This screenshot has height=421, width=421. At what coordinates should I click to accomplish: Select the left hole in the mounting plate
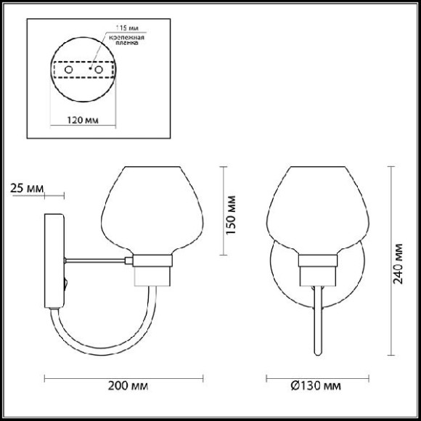[x=68, y=70]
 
